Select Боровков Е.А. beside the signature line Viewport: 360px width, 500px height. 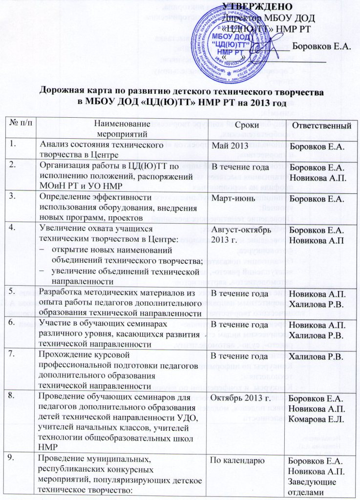click(x=322, y=47)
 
